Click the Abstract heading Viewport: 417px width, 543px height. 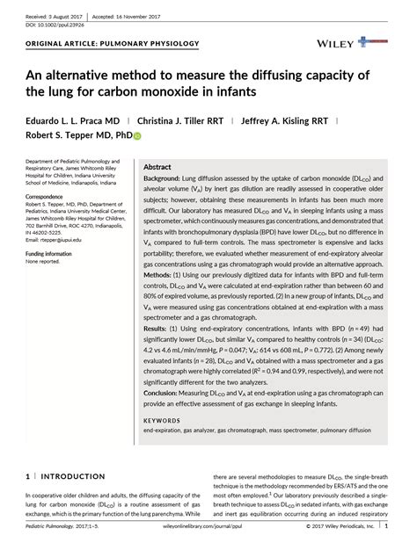[x=157, y=167]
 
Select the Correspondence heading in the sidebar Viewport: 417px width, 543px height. [x=50, y=196]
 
